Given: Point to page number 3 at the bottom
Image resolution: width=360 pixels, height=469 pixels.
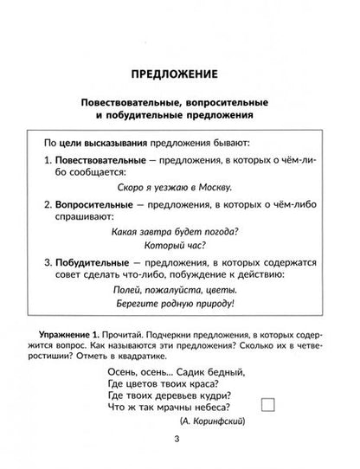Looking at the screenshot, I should [x=178, y=445].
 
